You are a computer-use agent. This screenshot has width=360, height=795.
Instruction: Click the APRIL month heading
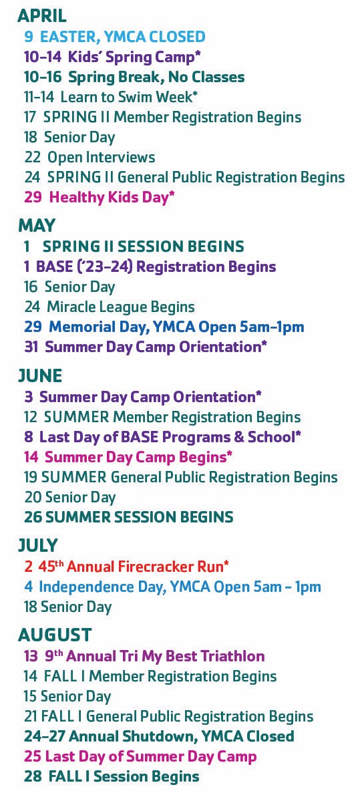coord(42,16)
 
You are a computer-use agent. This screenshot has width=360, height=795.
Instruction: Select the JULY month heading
coord(38,545)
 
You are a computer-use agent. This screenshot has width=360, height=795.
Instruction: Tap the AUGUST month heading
coord(55,635)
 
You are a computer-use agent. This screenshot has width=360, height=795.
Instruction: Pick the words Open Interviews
coord(101,157)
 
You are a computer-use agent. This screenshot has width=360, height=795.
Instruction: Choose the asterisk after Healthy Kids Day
coord(172,194)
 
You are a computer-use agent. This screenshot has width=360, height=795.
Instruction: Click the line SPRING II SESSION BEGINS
coord(144,247)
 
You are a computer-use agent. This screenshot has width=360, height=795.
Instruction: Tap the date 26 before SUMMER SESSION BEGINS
coord(33,517)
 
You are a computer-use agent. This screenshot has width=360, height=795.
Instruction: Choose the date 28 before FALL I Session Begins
coord(33,776)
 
